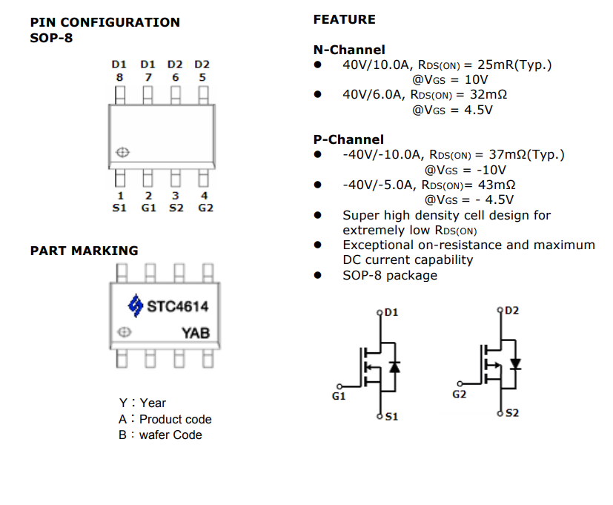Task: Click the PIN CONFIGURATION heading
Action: [x=105, y=22]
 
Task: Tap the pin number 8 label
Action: [x=119, y=77]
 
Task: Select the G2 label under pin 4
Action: [x=205, y=208]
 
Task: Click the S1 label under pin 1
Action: [x=119, y=208]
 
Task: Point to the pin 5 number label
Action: [x=202, y=77]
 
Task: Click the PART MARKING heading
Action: [x=84, y=251]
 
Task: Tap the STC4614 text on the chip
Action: [x=177, y=306]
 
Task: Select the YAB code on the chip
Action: [x=196, y=333]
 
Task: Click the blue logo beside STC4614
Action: [x=135, y=305]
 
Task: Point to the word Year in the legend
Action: [x=153, y=403]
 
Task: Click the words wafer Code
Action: [x=170, y=435]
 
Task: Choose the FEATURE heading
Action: [x=344, y=19]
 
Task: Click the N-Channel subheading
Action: [x=349, y=50]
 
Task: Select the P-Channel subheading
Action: [x=348, y=139]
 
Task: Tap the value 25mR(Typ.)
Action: [x=518, y=65]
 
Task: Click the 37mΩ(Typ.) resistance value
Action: [x=526, y=154]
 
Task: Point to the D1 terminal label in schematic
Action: [x=391, y=312]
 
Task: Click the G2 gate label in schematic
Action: [x=460, y=394]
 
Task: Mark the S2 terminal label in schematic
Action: [x=512, y=412]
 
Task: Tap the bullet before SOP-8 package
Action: [x=318, y=275]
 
